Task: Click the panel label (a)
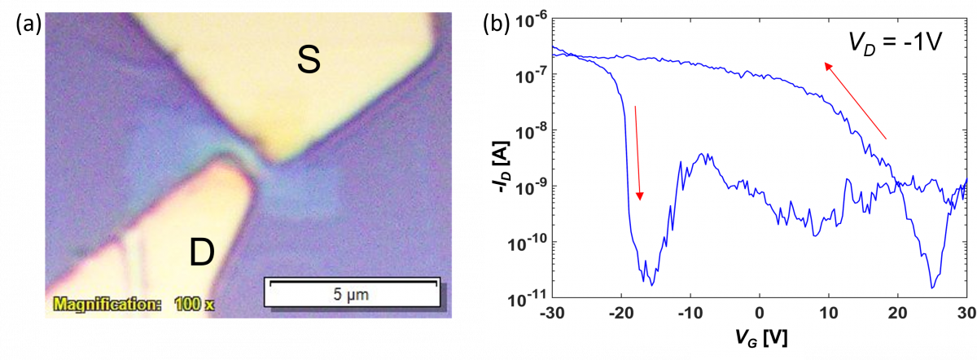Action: coord(28,24)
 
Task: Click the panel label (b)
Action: coord(496,24)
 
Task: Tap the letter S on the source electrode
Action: coord(309,60)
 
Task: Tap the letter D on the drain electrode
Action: coord(202,252)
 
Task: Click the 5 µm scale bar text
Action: coord(351,295)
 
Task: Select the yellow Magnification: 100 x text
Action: coord(134,304)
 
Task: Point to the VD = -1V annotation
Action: coord(895,44)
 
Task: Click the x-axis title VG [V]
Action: coord(760,338)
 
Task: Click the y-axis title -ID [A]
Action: coord(502,167)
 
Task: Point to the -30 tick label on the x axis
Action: coord(552,313)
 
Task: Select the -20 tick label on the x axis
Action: coord(621,313)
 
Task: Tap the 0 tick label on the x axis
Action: coord(760,313)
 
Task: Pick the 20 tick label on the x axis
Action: coord(897,313)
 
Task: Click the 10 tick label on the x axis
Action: coord(828,313)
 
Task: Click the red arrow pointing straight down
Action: coord(637,153)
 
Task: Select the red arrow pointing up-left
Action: coord(855,101)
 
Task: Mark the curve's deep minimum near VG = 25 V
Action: coord(932,288)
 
